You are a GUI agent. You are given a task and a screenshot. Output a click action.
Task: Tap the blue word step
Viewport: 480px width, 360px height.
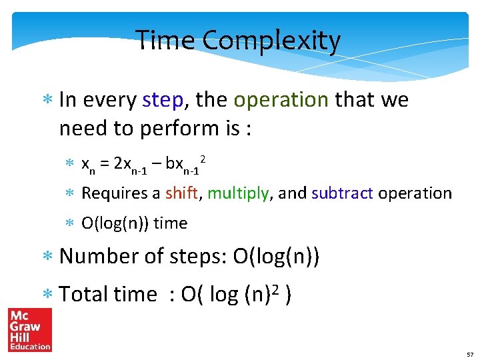[163, 100]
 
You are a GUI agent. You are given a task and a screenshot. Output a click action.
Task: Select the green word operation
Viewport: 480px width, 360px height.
[281, 100]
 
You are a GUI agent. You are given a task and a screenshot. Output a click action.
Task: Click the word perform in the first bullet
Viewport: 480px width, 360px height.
[179, 128]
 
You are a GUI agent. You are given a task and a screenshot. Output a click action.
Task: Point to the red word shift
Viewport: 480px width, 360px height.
[181, 193]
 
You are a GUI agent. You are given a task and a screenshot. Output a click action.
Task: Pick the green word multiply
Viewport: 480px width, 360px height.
[239, 193]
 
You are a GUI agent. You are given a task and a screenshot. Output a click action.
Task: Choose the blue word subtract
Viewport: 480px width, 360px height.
[343, 193]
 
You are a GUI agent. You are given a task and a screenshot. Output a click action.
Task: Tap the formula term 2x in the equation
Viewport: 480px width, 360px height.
[121, 163]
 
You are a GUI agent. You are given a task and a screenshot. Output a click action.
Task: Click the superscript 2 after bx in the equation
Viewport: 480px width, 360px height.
[202, 157]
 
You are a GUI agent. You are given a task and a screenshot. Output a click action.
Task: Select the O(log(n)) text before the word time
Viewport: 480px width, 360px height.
[115, 223]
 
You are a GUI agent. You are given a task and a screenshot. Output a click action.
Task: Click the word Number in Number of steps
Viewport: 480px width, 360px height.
[100, 256]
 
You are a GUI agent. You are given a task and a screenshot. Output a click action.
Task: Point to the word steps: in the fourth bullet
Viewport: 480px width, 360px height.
[194, 256]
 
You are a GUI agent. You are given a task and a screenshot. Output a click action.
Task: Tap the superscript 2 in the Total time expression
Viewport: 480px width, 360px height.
[273, 289]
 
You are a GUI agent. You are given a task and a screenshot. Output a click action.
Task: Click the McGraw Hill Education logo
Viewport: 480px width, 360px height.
[29, 329]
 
